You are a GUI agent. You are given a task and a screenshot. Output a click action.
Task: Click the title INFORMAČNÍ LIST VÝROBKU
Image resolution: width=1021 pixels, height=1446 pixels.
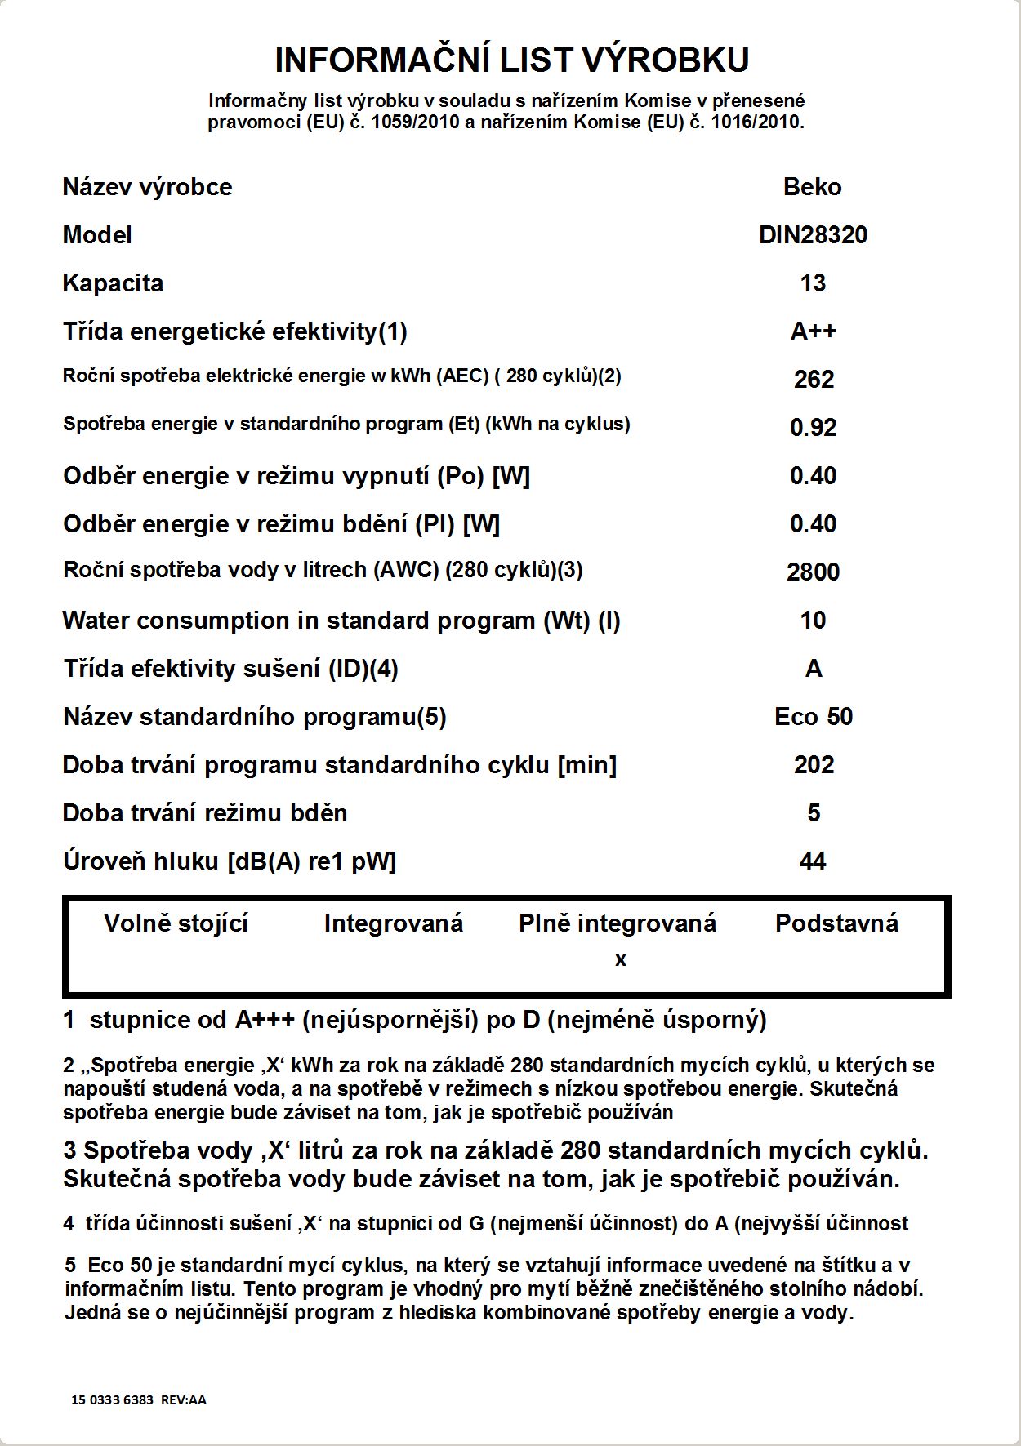[511, 60]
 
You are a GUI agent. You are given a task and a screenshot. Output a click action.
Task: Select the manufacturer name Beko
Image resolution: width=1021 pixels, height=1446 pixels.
[812, 187]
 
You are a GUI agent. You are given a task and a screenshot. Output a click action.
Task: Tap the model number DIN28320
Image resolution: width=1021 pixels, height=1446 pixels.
[813, 235]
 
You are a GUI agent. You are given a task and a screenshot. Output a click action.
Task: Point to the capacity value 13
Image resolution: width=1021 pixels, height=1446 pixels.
[813, 283]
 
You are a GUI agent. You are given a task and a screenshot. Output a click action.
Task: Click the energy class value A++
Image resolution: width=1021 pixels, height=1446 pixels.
[814, 331]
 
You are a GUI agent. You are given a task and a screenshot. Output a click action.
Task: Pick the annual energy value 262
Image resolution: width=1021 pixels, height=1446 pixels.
[814, 380]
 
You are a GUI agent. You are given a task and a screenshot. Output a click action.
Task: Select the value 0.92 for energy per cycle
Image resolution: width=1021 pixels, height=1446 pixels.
[813, 428]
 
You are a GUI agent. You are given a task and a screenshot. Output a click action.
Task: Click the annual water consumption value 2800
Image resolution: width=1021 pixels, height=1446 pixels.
[813, 572]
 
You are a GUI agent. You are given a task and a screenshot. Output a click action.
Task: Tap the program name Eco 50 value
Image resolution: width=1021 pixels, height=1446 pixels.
[814, 717]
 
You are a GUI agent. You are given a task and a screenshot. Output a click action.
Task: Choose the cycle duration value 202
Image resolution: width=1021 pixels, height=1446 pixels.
[814, 765]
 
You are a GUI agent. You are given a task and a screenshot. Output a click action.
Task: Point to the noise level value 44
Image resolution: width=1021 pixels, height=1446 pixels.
[813, 861]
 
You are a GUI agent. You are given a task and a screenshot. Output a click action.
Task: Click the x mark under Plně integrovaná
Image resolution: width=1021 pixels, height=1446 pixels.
[621, 960]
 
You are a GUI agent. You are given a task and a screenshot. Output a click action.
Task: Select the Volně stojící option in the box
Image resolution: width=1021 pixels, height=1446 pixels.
[176, 923]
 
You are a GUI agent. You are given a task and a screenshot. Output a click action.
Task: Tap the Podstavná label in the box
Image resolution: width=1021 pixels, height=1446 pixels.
[836, 923]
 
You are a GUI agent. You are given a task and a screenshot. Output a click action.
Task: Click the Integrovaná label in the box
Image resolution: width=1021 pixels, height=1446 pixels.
[393, 923]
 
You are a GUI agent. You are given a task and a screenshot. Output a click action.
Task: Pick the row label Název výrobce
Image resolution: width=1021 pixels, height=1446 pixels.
[147, 187]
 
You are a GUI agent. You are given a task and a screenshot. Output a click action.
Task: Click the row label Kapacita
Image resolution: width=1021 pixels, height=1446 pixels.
[113, 283]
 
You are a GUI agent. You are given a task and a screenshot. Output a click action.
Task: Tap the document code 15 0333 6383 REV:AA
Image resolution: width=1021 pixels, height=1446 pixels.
[139, 1399]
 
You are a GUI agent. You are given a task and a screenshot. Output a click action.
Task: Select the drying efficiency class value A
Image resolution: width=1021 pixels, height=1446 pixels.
[814, 669]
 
